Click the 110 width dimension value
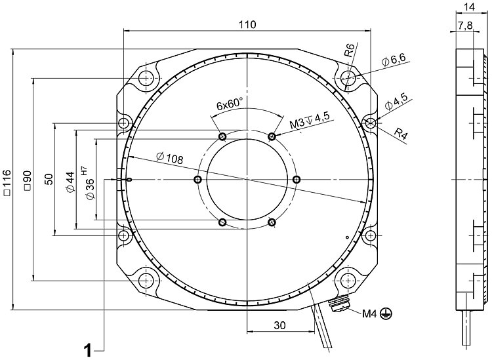pyautogui.click(x=247, y=24)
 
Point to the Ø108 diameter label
pyautogui.click(x=170, y=157)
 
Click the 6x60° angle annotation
pyautogui.click(x=230, y=104)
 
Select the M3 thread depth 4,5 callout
pyautogui.click(x=310, y=121)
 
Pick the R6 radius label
pyautogui.click(x=350, y=50)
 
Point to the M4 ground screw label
pyautogui.click(x=369, y=313)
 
